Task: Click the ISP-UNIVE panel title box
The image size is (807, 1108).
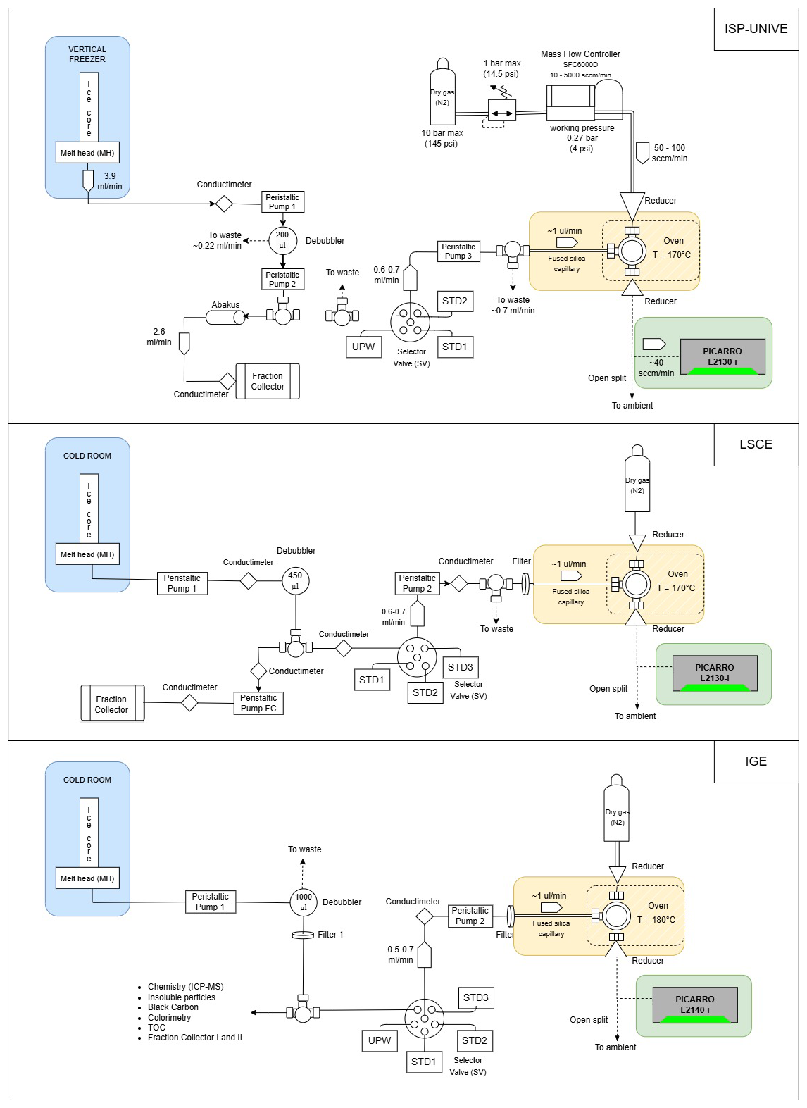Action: pyautogui.click(x=756, y=29)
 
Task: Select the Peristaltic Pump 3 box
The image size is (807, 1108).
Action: pyautogui.click(x=458, y=251)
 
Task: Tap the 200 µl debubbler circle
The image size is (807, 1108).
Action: pyautogui.click(x=282, y=240)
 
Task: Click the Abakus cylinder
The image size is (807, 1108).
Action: pyautogui.click(x=225, y=318)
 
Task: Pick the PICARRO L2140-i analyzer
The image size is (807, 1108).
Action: pyautogui.click(x=694, y=1004)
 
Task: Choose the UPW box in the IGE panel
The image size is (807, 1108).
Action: pyautogui.click(x=380, y=1040)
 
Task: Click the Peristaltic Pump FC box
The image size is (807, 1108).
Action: pyautogui.click(x=258, y=703)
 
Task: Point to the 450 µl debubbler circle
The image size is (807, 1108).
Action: pyautogui.click(x=295, y=580)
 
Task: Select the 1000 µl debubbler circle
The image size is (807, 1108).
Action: pyautogui.click(x=304, y=902)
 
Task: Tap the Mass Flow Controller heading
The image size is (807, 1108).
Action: pyautogui.click(x=580, y=54)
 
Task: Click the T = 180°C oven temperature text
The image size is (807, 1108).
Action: pyautogui.click(x=656, y=920)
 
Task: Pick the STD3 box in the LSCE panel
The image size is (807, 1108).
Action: pyautogui.click(x=461, y=667)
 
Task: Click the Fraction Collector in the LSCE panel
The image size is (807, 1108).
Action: pyautogui.click(x=112, y=704)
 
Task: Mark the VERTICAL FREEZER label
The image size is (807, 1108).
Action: pyautogui.click(x=87, y=54)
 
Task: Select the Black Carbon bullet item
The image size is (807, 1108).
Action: pyautogui.click(x=173, y=1007)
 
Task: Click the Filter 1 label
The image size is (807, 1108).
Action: pyautogui.click(x=330, y=935)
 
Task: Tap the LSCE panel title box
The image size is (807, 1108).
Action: pyautogui.click(x=756, y=444)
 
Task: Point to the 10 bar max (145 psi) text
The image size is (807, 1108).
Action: pyautogui.click(x=442, y=138)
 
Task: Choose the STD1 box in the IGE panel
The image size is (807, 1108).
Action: pyautogui.click(x=424, y=1062)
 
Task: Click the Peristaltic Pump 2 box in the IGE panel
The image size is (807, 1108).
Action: pyautogui.click(x=470, y=916)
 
